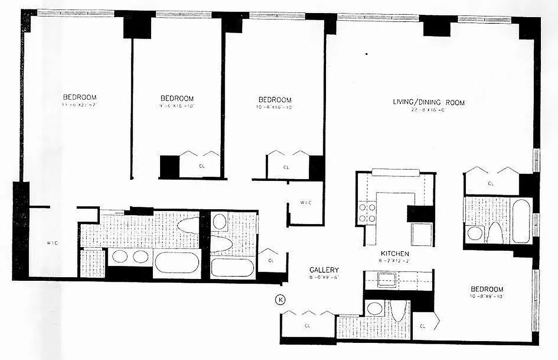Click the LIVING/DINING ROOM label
[429, 102]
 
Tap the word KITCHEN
[394, 254]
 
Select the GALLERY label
[324, 270]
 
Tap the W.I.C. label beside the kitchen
[306, 203]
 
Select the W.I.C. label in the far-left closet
[52, 243]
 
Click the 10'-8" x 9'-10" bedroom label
[487, 289]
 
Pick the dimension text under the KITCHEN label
[394, 261]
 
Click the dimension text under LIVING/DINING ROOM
[429, 109]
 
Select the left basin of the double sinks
[120, 256]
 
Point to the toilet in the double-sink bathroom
[187, 225]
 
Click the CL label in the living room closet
[491, 184]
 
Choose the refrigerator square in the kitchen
[422, 233]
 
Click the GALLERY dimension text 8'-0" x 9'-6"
[324, 277]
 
